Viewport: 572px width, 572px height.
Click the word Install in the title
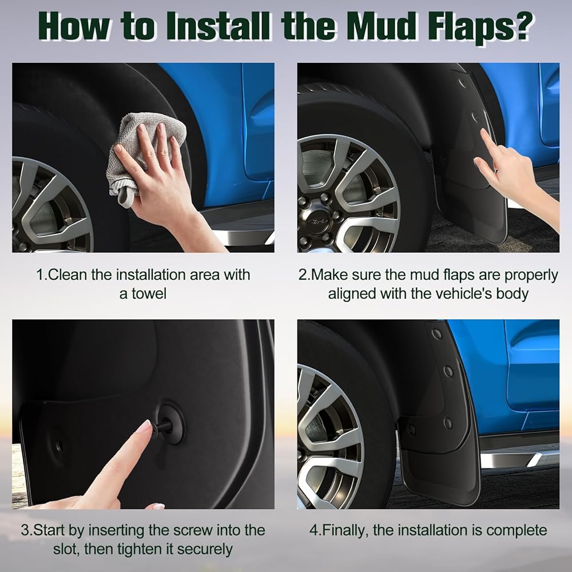tap(218, 27)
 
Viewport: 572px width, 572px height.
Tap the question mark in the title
tap(522, 26)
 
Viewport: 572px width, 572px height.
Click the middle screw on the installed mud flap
tap(448, 372)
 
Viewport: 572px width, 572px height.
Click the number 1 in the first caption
tap(40, 275)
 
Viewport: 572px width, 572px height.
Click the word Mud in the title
tap(383, 27)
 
